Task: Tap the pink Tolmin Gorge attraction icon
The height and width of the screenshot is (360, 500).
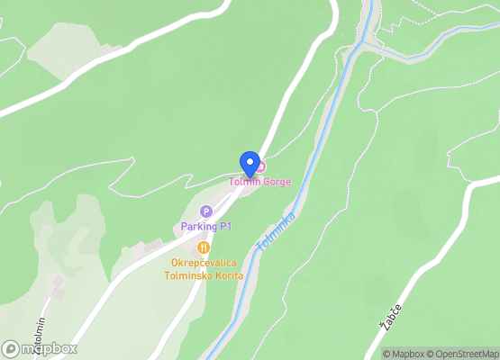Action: pyautogui.click(x=259, y=166)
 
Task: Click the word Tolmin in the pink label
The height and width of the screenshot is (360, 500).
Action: pyautogui.click(x=243, y=182)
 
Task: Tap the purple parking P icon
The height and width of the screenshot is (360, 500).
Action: pyautogui.click(x=206, y=211)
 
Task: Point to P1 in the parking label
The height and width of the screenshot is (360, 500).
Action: pyautogui.click(x=223, y=226)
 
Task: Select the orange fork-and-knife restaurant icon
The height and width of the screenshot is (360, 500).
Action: pyautogui.click(x=204, y=247)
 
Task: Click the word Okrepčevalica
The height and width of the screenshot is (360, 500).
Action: pyautogui.click(x=205, y=263)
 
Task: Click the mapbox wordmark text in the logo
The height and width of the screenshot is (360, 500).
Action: pyautogui.click(x=50, y=348)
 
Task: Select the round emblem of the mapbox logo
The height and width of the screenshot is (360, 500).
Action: pyautogui.click(x=11, y=348)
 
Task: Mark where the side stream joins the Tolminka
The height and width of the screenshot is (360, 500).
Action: pyautogui.click(x=365, y=42)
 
